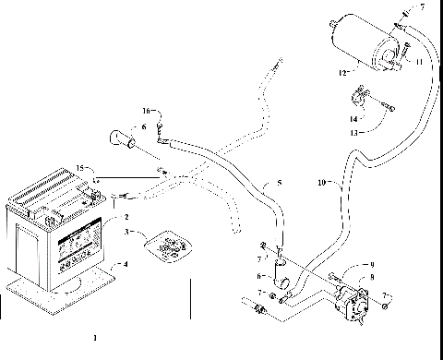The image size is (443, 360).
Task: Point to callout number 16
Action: (145, 111)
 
